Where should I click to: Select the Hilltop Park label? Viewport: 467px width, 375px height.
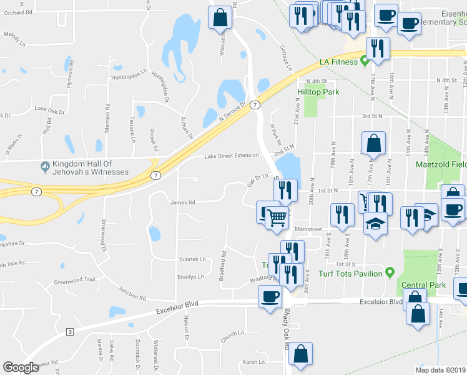pyautogui.click(x=318, y=92)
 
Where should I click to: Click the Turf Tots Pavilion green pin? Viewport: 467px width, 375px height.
pyautogui.click(x=389, y=272)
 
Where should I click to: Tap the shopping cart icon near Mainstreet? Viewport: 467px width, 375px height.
pyautogui.click(x=277, y=218)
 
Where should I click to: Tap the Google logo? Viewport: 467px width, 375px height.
pyautogui.click(x=21, y=367)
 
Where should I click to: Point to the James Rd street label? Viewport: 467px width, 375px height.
pyautogui.click(x=183, y=202)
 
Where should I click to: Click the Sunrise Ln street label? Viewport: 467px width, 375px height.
pyautogui.click(x=192, y=259)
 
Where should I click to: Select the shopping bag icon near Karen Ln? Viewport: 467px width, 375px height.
pyautogui.click(x=300, y=354)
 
